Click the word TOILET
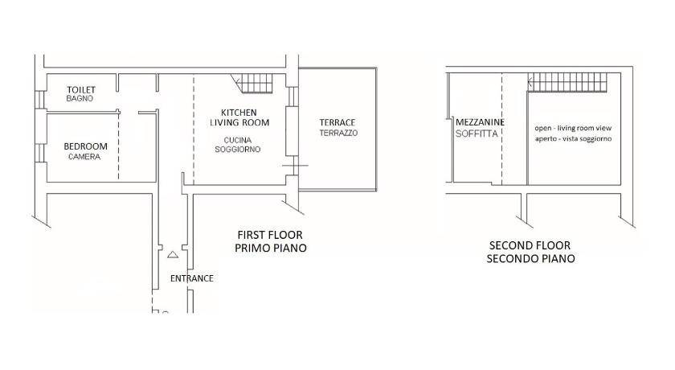[x=81, y=89]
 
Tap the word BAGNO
[x=80, y=99]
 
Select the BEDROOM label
[x=86, y=146]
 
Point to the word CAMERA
[x=84, y=157]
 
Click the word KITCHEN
[x=239, y=113]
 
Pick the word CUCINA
[x=238, y=141]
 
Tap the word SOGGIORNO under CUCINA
[x=238, y=150]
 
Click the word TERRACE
[x=337, y=123]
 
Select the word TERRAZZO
[x=338, y=133]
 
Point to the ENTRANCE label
[x=192, y=278]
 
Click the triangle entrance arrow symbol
[x=173, y=254]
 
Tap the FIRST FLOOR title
[x=270, y=235]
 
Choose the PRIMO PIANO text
[x=271, y=248]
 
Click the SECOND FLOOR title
[x=530, y=245]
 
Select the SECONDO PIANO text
[x=531, y=258]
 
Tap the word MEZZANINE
[x=480, y=122]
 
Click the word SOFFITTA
[x=477, y=134]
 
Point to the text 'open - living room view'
[x=573, y=128]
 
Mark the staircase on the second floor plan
[x=567, y=82]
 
